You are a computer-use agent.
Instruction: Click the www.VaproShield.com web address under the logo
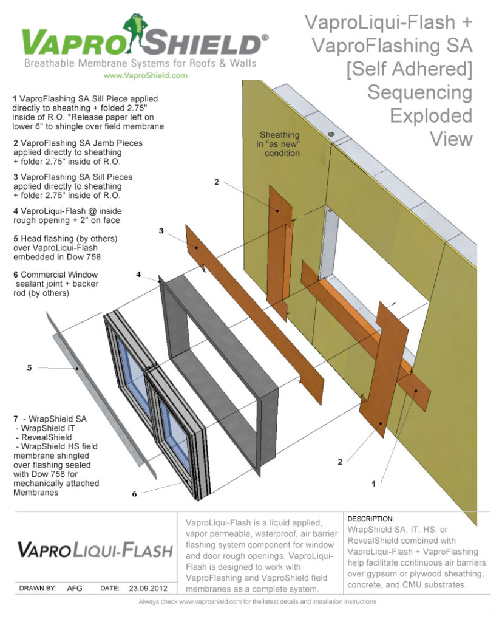click(x=145, y=76)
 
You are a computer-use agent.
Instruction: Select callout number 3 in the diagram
click(x=161, y=231)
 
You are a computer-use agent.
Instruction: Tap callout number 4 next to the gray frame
click(x=139, y=275)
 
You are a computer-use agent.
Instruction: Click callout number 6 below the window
click(x=134, y=494)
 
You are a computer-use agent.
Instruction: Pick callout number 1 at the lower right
click(x=374, y=484)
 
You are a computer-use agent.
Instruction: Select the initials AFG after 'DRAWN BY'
click(x=75, y=588)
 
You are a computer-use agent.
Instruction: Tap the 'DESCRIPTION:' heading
click(x=371, y=519)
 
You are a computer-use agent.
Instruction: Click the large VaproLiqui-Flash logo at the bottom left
click(x=94, y=550)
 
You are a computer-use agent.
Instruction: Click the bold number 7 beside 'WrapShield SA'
click(x=15, y=419)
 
